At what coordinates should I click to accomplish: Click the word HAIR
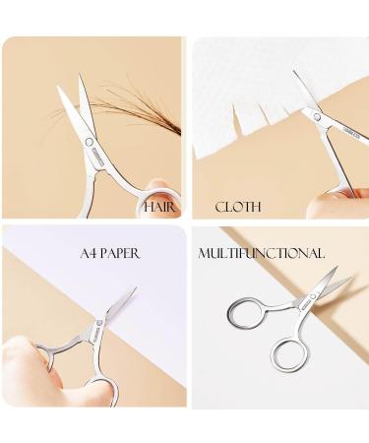(x=159, y=207)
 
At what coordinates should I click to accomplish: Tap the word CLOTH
(x=238, y=207)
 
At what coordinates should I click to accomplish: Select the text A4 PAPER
(x=110, y=253)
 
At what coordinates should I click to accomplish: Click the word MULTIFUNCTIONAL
(x=262, y=253)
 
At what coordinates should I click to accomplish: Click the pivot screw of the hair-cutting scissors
(x=89, y=142)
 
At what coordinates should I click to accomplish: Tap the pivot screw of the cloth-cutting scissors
(x=317, y=116)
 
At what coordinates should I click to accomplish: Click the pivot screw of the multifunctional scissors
(x=313, y=296)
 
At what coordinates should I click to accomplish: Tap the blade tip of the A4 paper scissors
(x=136, y=287)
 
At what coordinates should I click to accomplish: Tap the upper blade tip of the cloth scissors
(x=294, y=71)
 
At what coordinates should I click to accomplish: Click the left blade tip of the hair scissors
(x=58, y=88)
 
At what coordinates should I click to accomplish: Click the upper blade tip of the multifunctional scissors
(x=336, y=268)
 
